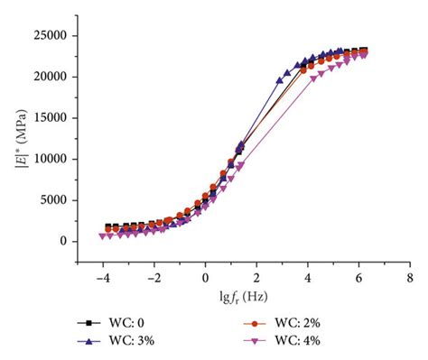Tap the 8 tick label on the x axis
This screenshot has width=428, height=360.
point(410,278)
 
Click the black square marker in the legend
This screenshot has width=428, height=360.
point(89,321)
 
